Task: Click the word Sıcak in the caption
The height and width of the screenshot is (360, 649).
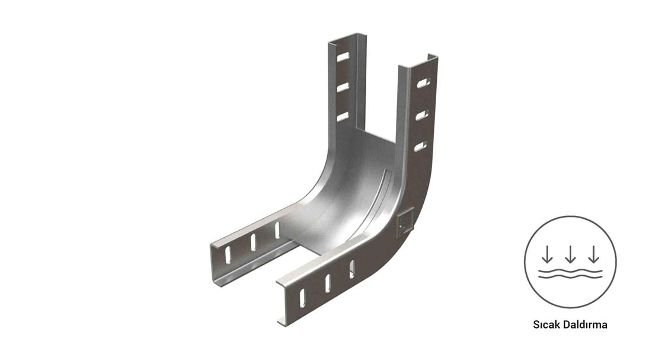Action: (546, 324)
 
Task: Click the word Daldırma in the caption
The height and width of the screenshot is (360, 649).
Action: (585, 324)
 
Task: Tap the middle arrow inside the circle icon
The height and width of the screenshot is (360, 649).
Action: (570, 254)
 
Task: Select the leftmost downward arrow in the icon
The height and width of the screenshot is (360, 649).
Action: (547, 254)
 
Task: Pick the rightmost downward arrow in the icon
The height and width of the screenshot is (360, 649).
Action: (594, 254)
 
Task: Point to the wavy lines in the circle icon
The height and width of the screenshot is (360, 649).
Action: (570, 273)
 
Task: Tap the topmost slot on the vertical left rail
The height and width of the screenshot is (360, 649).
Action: (343, 57)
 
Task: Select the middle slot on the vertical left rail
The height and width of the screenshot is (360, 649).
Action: (343, 87)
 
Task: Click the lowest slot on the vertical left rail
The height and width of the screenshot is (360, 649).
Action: (343, 117)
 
